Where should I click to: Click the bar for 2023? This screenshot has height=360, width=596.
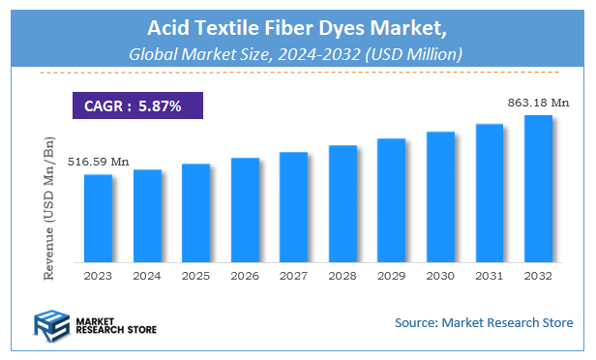coord(98,218)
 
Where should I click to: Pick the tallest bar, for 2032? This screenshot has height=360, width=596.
coord(538,188)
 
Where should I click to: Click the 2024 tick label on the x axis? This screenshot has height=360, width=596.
coord(147,276)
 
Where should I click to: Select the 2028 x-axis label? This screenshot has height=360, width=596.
coord(343,276)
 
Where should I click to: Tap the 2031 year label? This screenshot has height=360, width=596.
coord(490,276)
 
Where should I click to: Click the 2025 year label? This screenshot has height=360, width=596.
coord(195,276)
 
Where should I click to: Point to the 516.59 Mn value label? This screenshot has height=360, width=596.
coord(98,162)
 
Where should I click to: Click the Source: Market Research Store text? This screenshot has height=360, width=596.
coord(484,322)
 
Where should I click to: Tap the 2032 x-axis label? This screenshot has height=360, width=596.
coord(538,276)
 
